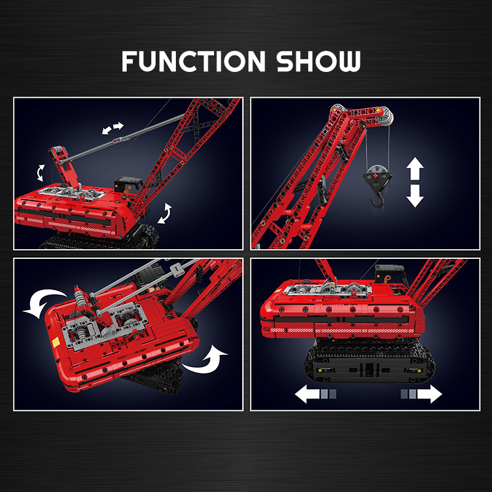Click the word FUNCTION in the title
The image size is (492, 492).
pos(194,61)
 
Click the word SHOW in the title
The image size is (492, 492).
pos(319,61)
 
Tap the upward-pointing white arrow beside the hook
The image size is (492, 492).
pos(415,169)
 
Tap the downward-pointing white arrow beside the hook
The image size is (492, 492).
pos(415,196)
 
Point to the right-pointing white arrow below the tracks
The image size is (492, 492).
pos(421,394)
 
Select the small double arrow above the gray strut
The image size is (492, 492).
pos(113,128)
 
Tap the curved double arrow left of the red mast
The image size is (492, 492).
pos(41,173)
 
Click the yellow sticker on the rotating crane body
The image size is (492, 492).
pos(56,342)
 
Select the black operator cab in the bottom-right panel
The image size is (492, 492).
pos(391,274)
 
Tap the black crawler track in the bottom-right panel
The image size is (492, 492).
pos(370,361)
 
